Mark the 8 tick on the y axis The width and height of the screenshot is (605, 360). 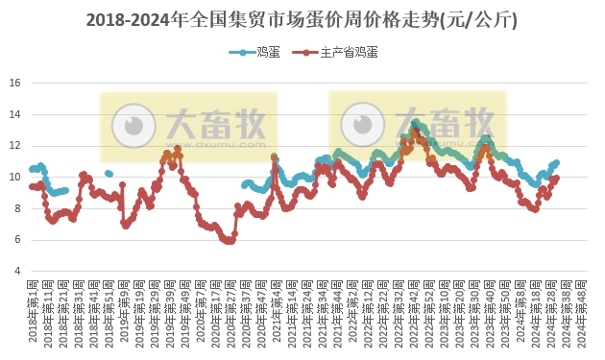(17, 208)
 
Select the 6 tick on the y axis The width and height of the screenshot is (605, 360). (17, 240)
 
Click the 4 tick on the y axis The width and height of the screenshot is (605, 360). (17, 271)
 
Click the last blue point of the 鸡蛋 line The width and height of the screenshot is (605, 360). (556, 162)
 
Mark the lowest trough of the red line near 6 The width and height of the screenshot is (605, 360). (228, 241)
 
